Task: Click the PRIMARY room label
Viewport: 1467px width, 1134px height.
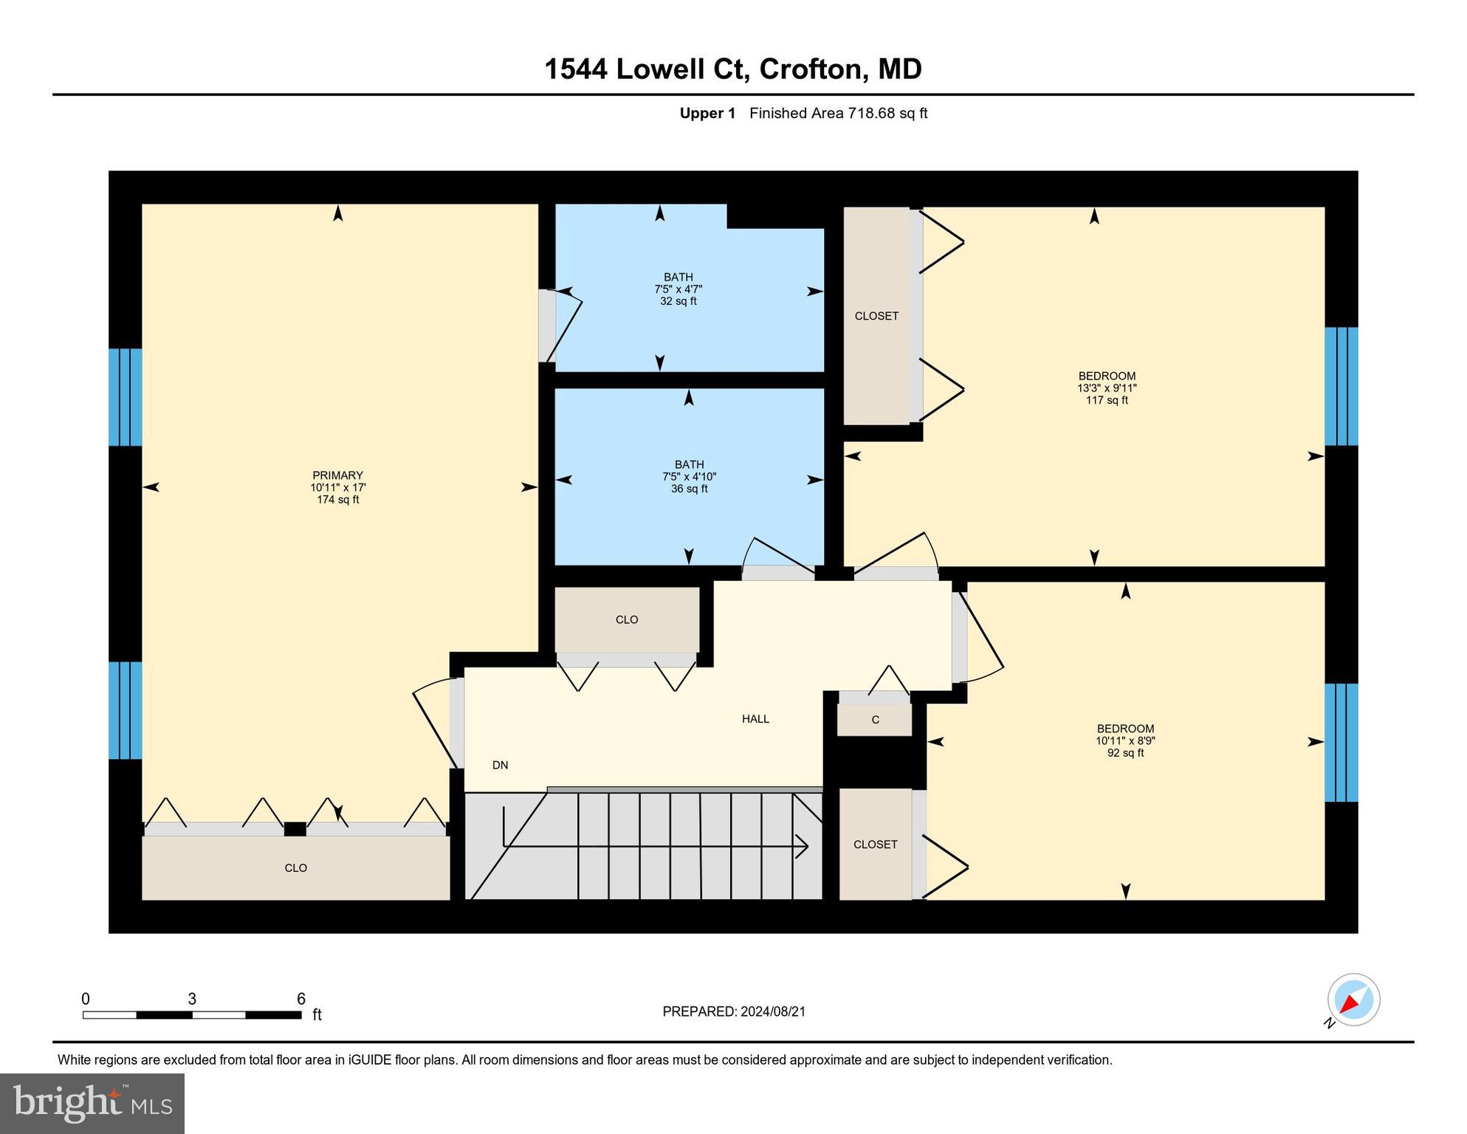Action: point(337,475)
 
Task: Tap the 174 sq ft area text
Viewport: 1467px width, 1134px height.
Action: point(337,500)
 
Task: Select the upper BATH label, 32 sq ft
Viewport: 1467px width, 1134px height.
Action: point(678,278)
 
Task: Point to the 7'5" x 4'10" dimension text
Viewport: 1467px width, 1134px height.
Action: point(689,477)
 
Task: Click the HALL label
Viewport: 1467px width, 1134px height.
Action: point(755,719)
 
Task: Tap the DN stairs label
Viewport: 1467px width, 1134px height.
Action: point(500,766)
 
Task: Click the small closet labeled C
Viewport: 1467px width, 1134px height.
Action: point(875,720)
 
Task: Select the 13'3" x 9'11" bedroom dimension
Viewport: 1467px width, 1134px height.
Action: point(1106,388)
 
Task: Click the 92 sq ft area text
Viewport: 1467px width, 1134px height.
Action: point(1125,753)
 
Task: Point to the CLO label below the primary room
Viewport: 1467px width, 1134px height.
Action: point(295,868)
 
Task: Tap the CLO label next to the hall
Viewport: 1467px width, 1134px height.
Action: point(626,620)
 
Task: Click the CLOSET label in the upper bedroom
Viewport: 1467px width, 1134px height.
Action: point(876,316)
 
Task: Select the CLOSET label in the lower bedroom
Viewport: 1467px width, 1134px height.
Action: point(875,845)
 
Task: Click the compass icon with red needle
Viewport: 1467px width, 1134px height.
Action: point(1353,1000)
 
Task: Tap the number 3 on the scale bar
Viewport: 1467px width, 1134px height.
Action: point(192,999)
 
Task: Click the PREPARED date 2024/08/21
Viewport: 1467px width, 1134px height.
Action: point(771,1011)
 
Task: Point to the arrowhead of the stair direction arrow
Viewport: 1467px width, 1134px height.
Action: point(804,846)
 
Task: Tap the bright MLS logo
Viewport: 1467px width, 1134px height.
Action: point(92,1103)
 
